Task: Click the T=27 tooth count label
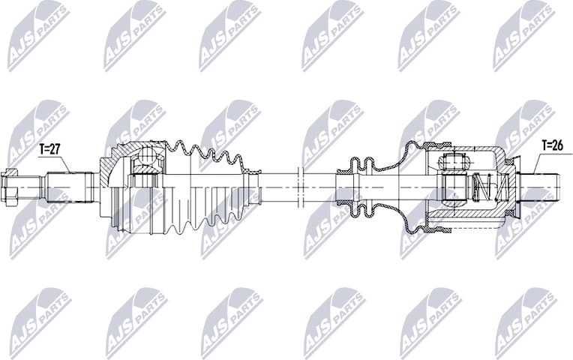tap(49, 149)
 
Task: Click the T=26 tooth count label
tap(552, 145)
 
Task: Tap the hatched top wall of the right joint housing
tap(465, 148)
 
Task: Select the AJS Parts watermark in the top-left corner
tap(37, 34)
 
